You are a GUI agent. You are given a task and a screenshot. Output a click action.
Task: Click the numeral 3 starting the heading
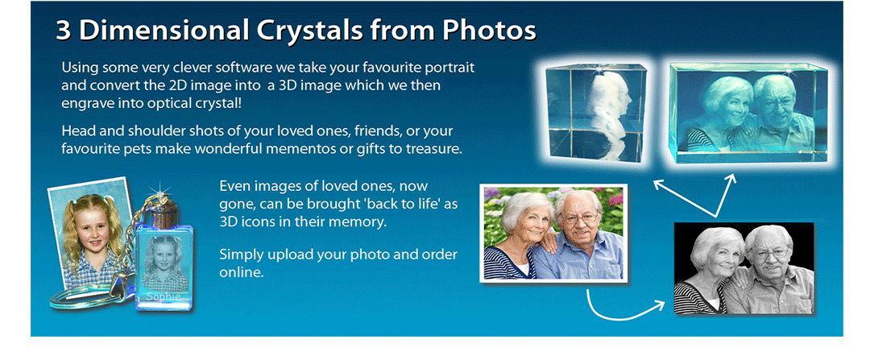tap(64, 31)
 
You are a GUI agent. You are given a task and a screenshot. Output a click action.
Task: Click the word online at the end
tap(241, 273)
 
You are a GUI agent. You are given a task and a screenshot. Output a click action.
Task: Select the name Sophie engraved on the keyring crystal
tap(163, 297)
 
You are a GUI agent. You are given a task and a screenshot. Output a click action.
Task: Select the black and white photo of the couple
tap(744, 268)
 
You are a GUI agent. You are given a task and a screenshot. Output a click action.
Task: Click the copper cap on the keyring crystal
tap(161, 212)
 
